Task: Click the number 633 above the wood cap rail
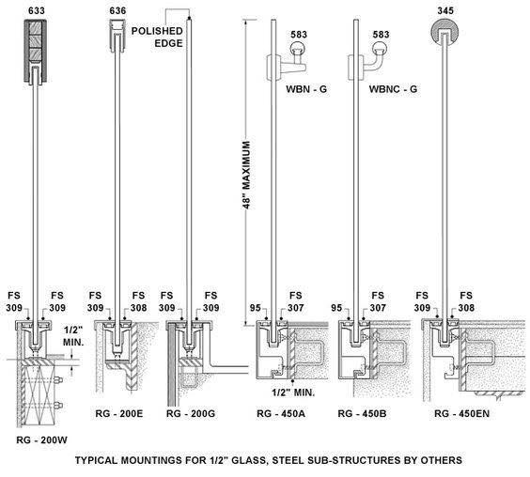[36, 11]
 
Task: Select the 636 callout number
[117, 11]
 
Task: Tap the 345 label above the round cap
[445, 11]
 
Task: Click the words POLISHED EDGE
[157, 38]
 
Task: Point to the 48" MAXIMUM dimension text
[247, 175]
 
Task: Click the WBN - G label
[306, 89]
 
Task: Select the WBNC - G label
[393, 89]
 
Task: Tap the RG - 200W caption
[42, 439]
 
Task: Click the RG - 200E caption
[119, 413]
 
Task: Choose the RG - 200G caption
[191, 413]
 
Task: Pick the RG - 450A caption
[281, 413]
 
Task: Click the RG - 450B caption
[362, 413]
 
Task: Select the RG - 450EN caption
[461, 413]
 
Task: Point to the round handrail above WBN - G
[298, 48]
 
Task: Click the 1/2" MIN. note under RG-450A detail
[293, 392]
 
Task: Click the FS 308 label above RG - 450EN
[466, 301]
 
